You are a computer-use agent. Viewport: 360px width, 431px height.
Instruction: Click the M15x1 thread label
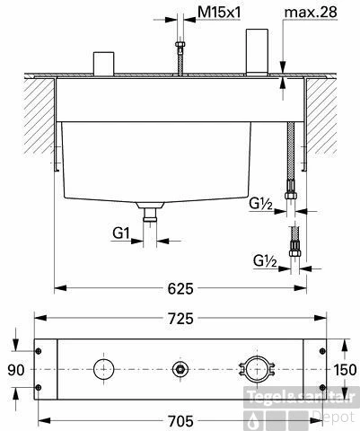tap(219, 13)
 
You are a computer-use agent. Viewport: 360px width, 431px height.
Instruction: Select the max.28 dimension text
tap(311, 13)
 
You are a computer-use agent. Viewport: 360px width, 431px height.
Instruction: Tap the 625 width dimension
tap(180, 288)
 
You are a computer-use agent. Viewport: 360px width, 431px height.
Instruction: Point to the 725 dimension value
tap(180, 319)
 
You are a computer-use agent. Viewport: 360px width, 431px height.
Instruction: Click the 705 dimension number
tap(180, 421)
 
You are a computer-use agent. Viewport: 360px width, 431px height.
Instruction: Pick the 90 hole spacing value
tap(16, 370)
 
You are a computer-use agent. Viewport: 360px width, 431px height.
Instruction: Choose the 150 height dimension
tap(345, 370)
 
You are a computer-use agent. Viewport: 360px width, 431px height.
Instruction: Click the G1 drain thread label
tap(121, 233)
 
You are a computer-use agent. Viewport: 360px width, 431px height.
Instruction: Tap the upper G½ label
tap(260, 205)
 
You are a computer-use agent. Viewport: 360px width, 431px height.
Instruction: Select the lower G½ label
tap(265, 261)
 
